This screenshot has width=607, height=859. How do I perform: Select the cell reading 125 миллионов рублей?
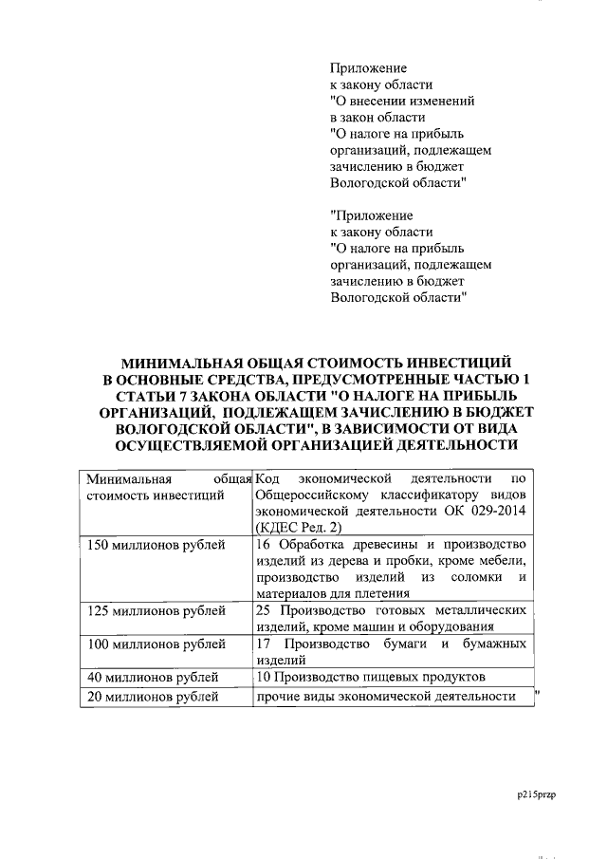click(x=156, y=610)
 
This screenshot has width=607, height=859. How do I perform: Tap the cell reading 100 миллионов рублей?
click(x=156, y=644)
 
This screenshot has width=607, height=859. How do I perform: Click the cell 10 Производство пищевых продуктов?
click(x=371, y=677)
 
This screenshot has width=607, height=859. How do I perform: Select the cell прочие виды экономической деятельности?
click(x=386, y=697)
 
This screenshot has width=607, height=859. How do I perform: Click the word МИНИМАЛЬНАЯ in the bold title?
click(x=180, y=364)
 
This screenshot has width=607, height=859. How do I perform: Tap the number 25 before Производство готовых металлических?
click(x=265, y=610)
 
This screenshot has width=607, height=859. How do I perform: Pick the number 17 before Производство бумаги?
click(x=265, y=644)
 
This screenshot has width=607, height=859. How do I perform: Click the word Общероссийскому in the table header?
click(x=311, y=495)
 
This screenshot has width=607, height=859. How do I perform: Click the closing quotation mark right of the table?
click(x=538, y=694)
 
